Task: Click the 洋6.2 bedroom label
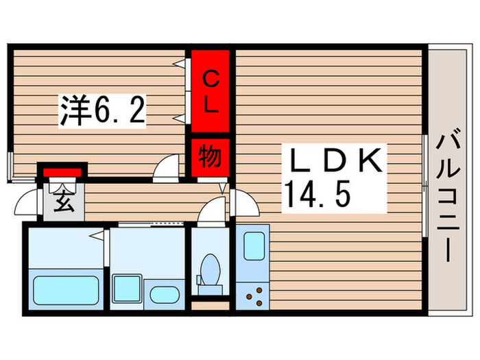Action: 104,111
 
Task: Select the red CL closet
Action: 210,92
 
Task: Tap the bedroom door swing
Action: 166,167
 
